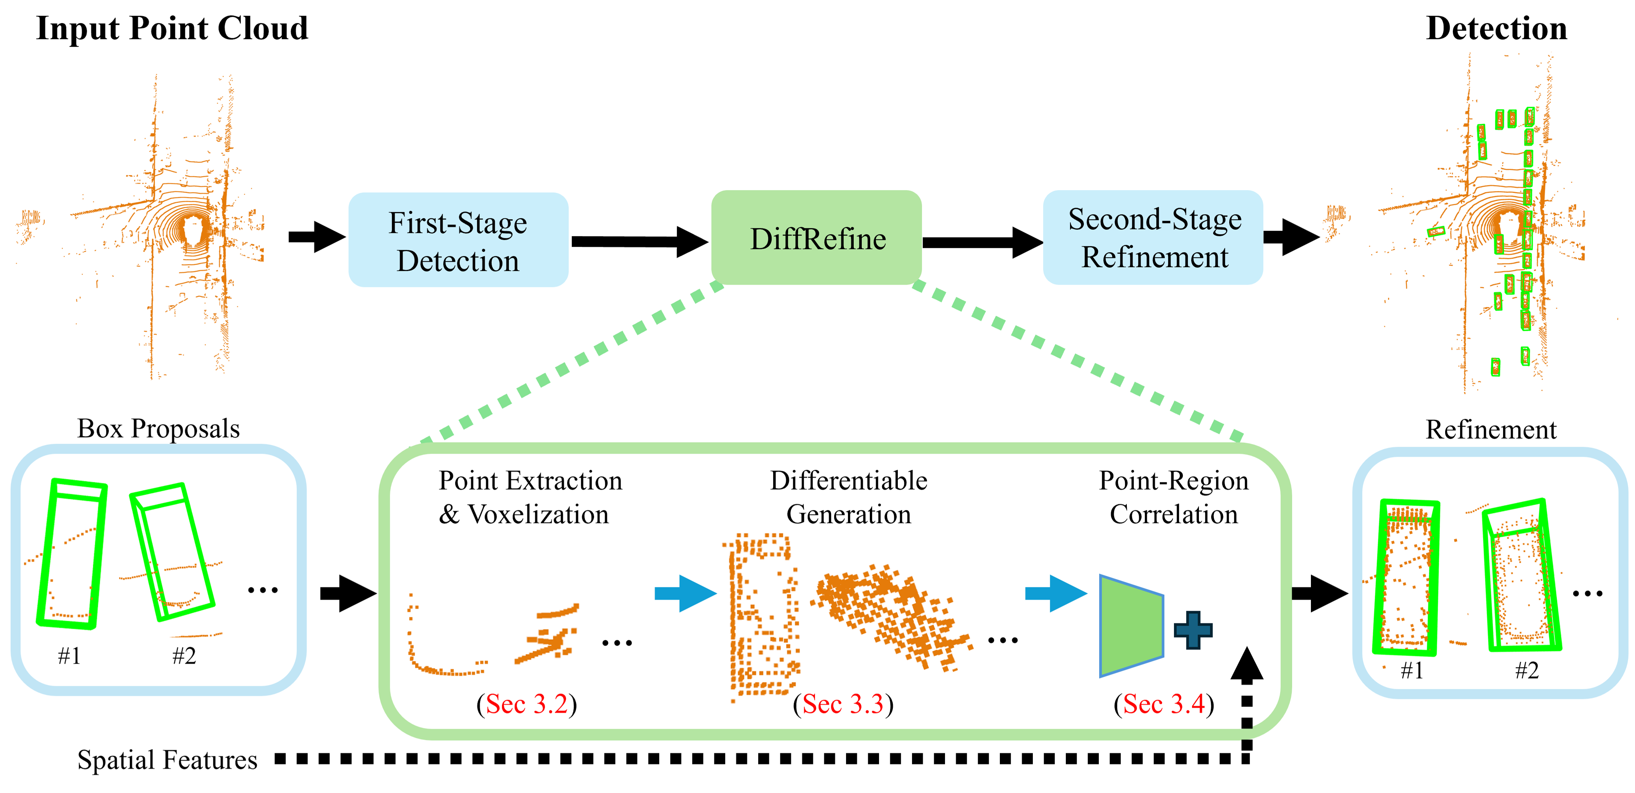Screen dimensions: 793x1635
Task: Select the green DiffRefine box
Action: pyautogui.click(x=817, y=238)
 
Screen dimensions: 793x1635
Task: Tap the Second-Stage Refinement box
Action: pyautogui.click(x=1153, y=238)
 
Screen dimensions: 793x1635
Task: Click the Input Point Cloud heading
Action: pyautogui.click(x=172, y=28)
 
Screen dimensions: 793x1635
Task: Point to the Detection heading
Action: pyautogui.click(x=1496, y=28)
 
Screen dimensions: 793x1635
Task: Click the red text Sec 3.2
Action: pyautogui.click(x=527, y=704)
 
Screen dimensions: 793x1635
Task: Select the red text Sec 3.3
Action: pyautogui.click(x=843, y=704)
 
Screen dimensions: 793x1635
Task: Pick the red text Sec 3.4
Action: pyautogui.click(x=1164, y=704)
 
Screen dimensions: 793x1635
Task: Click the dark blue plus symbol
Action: pyautogui.click(x=1193, y=630)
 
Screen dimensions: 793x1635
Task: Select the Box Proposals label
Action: pyautogui.click(x=159, y=429)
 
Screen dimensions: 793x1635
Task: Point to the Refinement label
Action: pyautogui.click(x=1491, y=430)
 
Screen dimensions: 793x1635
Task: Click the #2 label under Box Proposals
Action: pyautogui.click(x=184, y=656)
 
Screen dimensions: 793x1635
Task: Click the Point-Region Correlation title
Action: pyautogui.click(x=1174, y=497)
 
